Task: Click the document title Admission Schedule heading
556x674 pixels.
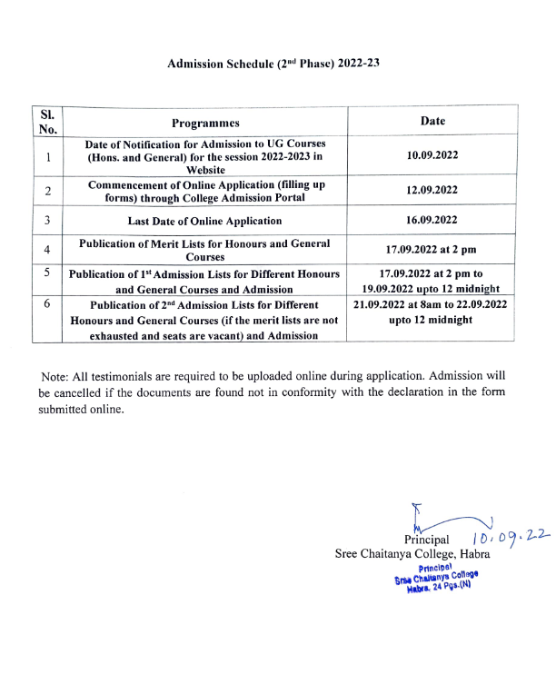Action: [273, 64]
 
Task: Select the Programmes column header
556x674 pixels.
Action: [205, 123]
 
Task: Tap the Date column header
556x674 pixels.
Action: [432, 121]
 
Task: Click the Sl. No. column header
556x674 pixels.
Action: [48, 122]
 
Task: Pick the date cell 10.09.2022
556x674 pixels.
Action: [432, 155]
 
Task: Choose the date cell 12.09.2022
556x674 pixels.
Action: [432, 190]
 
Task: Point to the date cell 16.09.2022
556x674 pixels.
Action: [432, 220]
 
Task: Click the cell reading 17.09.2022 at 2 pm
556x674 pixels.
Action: [432, 249]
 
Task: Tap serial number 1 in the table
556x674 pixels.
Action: [47, 156]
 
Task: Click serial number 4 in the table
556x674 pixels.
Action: [47, 249]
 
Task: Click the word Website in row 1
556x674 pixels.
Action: [205, 169]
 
